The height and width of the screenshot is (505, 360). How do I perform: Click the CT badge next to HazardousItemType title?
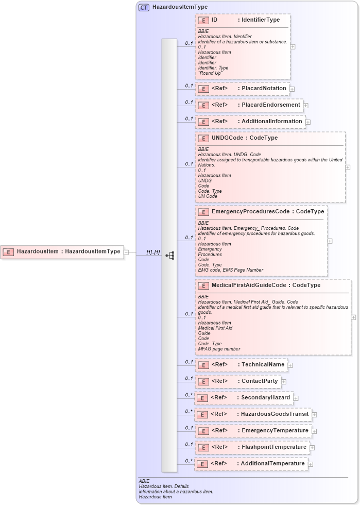click(x=144, y=8)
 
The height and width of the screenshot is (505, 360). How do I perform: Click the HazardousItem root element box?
click(x=62, y=252)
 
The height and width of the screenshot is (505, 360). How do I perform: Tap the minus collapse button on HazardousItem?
click(x=126, y=252)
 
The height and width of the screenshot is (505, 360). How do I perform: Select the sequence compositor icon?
click(x=169, y=255)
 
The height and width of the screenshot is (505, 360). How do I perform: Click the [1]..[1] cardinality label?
click(x=153, y=252)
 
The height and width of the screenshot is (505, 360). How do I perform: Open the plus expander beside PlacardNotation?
click(x=292, y=89)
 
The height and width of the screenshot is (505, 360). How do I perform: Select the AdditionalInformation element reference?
click(x=250, y=122)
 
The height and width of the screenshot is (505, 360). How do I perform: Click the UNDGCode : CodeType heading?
click(x=245, y=138)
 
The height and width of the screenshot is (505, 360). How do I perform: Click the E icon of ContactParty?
click(x=203, y=381)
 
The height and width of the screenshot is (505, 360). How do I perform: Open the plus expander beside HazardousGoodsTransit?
click(x=314, y=414)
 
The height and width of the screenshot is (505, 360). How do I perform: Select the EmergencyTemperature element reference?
click(x=253, y=431)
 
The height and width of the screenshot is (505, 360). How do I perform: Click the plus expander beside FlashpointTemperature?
click(x=312, y=448)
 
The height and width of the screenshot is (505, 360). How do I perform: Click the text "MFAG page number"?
click(x=219, y=349)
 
